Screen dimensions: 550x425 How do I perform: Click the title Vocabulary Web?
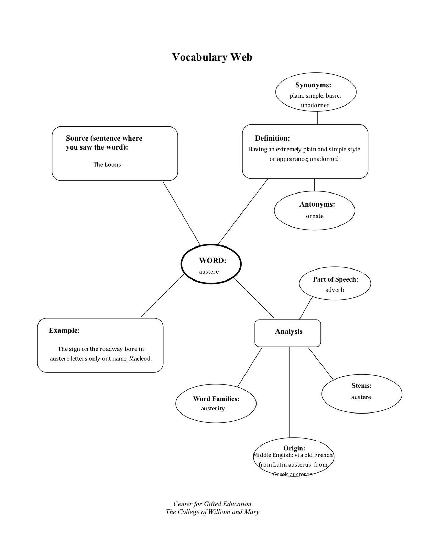click(x=212, y=57)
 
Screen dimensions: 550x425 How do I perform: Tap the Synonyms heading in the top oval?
click(x=313, y=85)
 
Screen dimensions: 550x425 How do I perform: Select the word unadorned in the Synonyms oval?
click(x=315, y=105)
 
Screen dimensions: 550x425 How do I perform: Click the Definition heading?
click(x=272, y=138)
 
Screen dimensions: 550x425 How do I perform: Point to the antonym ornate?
click(x=315, y=216)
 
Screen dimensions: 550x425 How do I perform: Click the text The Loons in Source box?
click(x=107, y=165)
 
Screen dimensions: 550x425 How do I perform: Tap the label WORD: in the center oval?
click(x=212, y=261)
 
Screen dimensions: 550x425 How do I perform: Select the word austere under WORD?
click(x=209, y=272)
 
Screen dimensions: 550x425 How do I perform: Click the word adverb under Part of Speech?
click(x=335, y=290)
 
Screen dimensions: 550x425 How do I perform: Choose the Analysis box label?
click(x=288, y=332)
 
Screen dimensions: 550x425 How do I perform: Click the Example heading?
click(x=64, y=331)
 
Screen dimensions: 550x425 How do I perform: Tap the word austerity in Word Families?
click(x=212, y=408)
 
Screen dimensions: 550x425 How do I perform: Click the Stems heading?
click(x=361, y=386)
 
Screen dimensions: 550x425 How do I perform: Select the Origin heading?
click(x=294, y=448)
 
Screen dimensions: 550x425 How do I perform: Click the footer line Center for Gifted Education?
click(x=212, y=504)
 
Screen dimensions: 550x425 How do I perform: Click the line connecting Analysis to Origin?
click(x=290, y=392)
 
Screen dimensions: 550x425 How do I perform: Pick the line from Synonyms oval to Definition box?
click(x=317, y=118)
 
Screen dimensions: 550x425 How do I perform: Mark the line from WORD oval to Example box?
click(x=162, y=295)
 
